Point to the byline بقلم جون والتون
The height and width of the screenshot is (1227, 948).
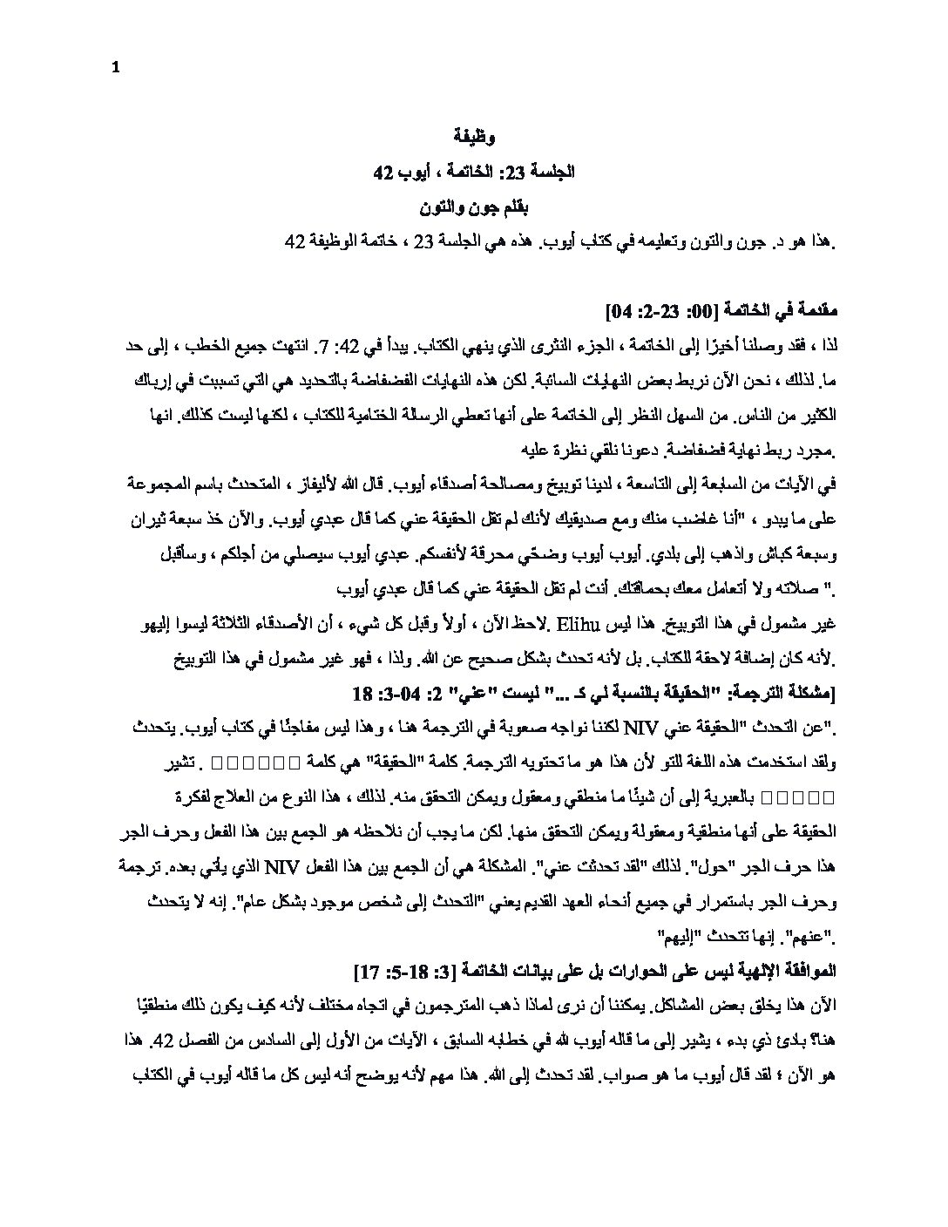tap(474, 208)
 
